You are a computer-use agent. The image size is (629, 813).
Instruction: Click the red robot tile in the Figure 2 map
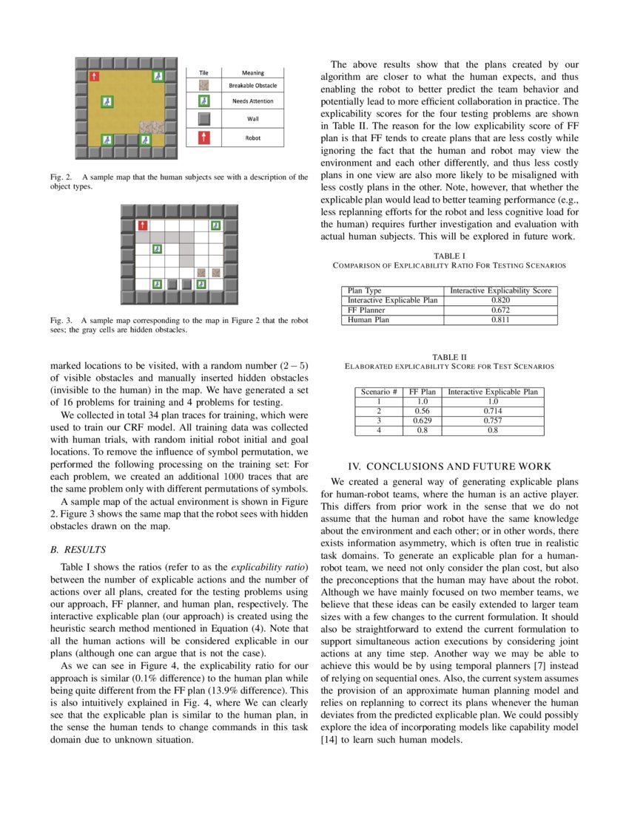94,76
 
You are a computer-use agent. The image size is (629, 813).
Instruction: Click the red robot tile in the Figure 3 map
142,225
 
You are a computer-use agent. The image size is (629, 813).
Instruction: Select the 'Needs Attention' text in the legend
252,101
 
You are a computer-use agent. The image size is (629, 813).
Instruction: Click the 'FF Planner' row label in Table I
368,310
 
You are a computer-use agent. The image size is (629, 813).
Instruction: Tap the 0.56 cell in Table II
423,411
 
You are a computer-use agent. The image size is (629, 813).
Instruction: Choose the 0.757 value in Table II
493,421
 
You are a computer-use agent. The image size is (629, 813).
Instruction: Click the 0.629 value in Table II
423,421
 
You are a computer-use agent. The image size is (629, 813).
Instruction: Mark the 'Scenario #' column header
379,392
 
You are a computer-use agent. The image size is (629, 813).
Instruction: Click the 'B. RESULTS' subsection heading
78,549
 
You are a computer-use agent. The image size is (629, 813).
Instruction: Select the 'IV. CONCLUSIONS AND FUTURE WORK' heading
449,466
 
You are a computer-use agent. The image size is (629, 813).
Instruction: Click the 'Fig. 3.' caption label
62,321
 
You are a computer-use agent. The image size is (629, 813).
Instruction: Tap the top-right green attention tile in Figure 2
157,76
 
